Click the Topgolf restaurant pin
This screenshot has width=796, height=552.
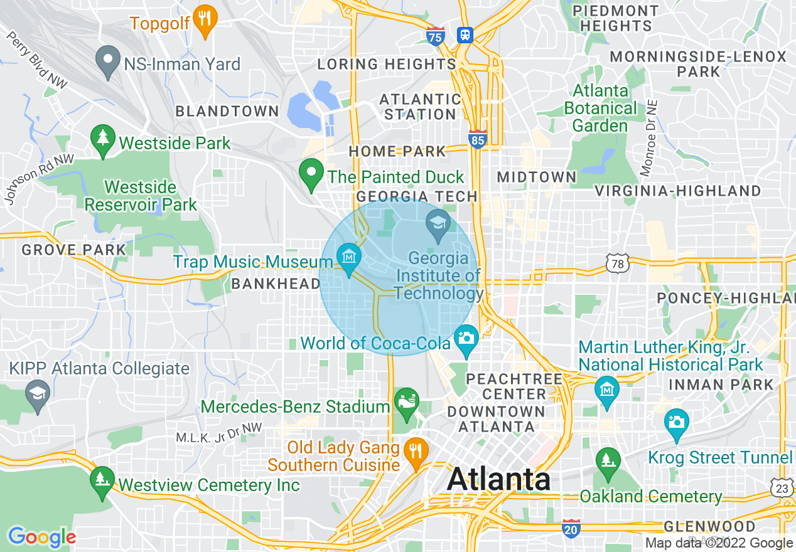click(x=204, y=18)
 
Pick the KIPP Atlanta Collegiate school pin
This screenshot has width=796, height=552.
click(x=38, y=395)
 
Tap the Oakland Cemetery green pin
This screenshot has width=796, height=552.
click(x=607, y=462)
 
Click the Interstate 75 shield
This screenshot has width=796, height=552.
click(x=435, y=36)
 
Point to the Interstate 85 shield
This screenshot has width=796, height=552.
click(x=478, y=139)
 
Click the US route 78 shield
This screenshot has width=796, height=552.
click(x=618, y=263)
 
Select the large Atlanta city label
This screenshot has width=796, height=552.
click(x=498, y=480)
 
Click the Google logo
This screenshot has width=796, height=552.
click(x=41, y=537)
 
